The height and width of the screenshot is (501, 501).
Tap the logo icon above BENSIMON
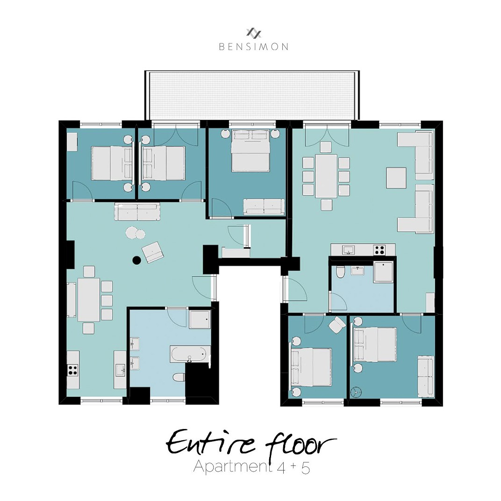(254, 33)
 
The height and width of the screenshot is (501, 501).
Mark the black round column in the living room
(136, 260)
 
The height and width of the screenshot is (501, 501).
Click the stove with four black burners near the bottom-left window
(73, 370)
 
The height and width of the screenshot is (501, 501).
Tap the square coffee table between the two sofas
(396, 178)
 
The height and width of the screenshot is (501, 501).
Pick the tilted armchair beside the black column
(153, 252)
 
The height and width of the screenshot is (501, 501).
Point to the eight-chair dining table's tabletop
(326, 176)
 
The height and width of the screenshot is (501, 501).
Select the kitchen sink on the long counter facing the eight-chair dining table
(349, 250)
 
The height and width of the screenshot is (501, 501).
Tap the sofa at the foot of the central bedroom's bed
(264, 206)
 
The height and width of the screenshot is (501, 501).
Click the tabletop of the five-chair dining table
(88, 299)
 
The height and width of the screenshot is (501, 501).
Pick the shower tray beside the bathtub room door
(200, 320)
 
